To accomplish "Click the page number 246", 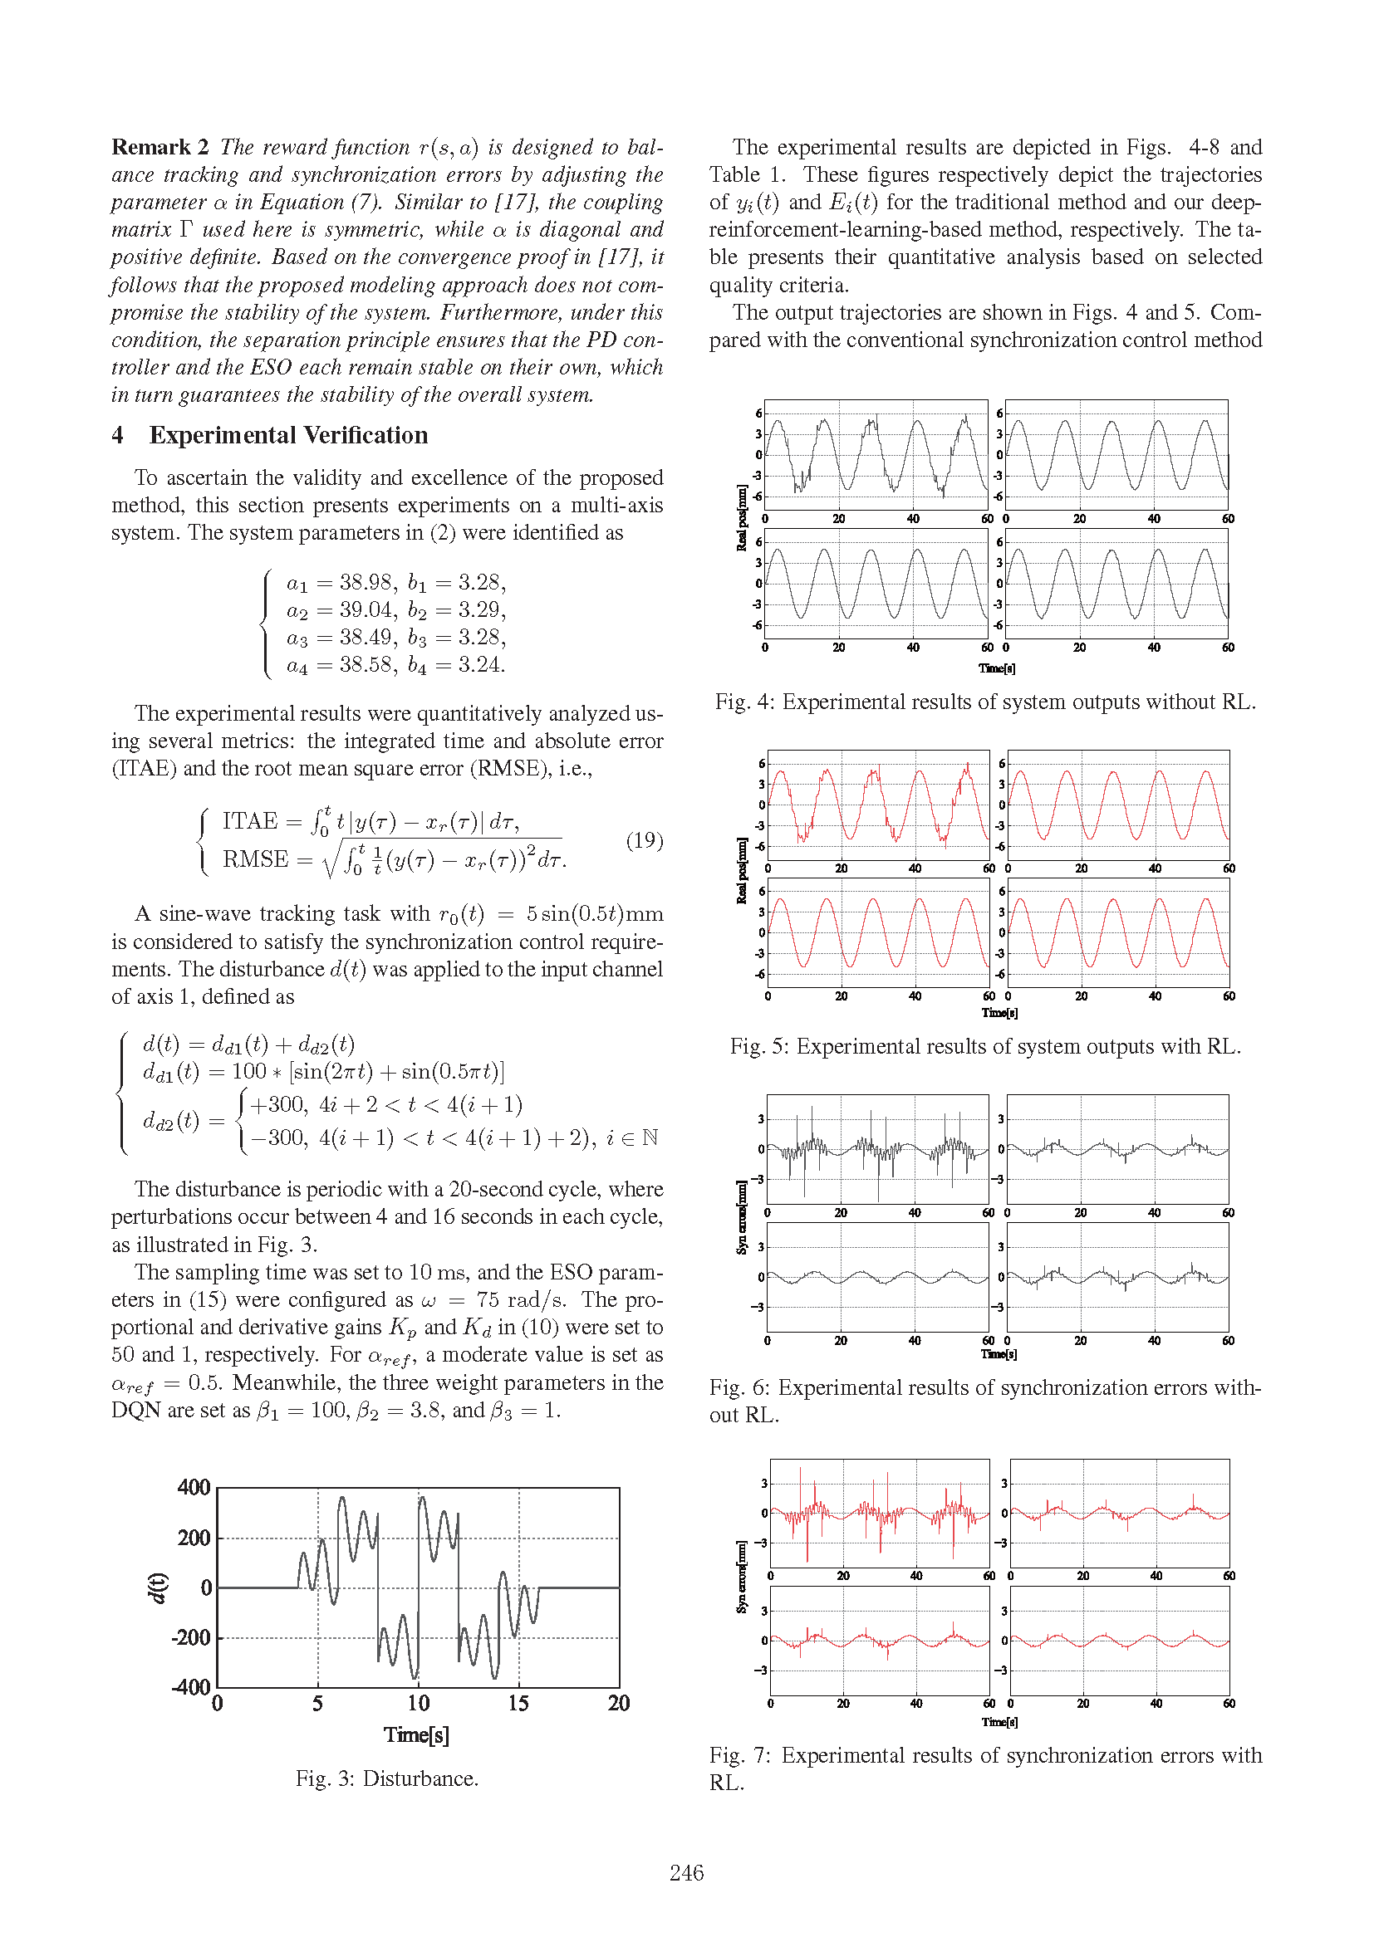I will (686, 1872).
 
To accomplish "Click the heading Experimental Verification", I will (287, 435).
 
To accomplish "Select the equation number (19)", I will (644, 840).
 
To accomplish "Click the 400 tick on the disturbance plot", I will (194, 1487).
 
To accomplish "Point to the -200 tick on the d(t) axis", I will (191, 1637).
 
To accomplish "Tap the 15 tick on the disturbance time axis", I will (518, 1703).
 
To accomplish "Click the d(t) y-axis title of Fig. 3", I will (157, 1587).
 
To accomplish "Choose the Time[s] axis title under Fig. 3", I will (416, 1734).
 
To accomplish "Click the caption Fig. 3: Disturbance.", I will (386, 1778).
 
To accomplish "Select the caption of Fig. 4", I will (985, 702).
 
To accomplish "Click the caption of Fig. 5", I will (985, 1046).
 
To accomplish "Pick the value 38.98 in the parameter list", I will (366, 582).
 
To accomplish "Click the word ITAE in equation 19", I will (249, 820).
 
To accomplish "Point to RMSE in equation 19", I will (256, 859).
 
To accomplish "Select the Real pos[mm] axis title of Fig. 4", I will (741, 517).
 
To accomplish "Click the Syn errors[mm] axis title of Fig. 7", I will (741, 1577).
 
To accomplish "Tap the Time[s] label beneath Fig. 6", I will (999, 1354).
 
